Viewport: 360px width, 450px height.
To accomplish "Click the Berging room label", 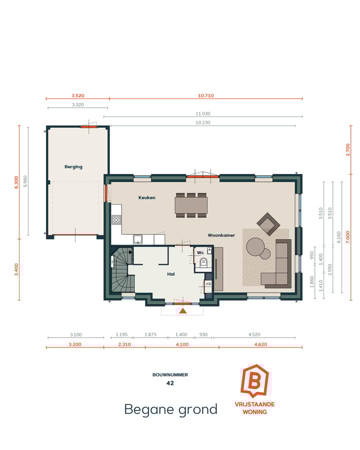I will tap(73, 166).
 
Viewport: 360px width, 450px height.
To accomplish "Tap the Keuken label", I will tap(146, 197).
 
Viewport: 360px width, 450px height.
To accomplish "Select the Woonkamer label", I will tap(221, 234).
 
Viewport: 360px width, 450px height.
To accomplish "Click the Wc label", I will tap(200, 252).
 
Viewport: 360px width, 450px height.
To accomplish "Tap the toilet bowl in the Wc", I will tap(202, 263).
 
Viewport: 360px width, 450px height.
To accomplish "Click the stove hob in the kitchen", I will tap(116, 219).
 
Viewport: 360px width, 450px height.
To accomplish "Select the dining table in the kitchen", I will tap(190, 205).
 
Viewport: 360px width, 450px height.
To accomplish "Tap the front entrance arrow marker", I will tap(183, 310).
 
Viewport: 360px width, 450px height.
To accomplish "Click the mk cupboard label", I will tap(208, 284).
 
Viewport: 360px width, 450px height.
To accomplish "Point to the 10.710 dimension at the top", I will tap(205, 95).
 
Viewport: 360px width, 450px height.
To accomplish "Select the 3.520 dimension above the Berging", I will tap(77, 95).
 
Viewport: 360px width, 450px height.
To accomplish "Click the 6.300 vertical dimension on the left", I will tap(16, 181).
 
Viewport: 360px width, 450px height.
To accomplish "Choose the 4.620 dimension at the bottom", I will tap(260, 344).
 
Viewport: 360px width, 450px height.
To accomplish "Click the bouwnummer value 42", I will tap(170, 383).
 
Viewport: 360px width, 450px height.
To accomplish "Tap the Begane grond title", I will tap(170, 409).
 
